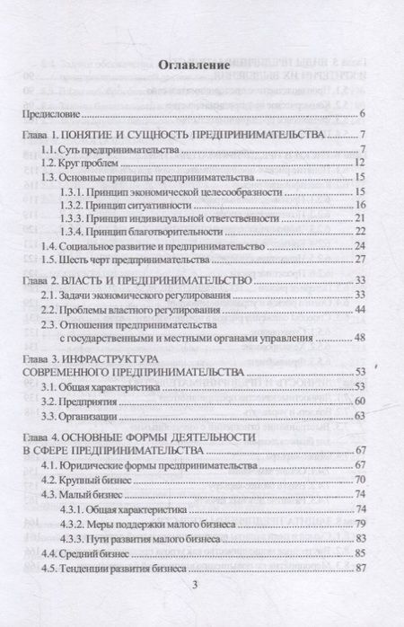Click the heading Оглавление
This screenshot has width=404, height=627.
[194, 66]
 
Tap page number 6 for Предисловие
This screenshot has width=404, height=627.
[360, 114]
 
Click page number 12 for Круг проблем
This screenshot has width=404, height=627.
[357, 163]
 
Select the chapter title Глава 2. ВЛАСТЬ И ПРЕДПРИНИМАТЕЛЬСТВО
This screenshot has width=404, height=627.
[135, 281]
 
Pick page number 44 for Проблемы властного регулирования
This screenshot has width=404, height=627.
[357, 310]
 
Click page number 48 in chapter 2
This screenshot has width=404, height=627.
[357, 340]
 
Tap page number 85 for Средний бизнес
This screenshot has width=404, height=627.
[357, 554]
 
